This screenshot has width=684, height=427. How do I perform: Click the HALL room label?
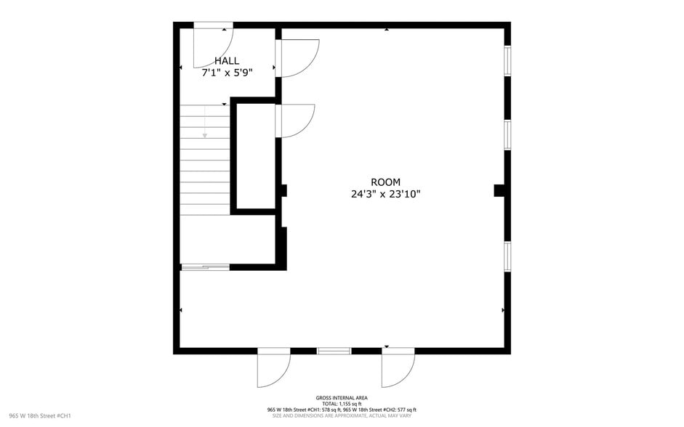tap(226, 61)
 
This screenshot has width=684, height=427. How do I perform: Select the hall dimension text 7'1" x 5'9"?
tap(226, 73)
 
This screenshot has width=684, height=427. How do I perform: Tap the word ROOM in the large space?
tap(385, 182)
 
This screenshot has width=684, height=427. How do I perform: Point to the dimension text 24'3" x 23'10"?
tap(385, 194)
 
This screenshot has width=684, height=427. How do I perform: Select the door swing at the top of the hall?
tap(213, 45)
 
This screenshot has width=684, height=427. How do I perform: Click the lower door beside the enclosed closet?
tap(296, 120)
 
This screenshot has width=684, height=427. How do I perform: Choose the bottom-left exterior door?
tap(274, 368)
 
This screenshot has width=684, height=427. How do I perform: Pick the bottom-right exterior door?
tap(398, 368)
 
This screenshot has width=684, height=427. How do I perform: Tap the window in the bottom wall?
tap(334, 351)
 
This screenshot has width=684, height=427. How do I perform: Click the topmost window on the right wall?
tap(507, 61)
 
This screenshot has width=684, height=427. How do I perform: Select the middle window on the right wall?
tap(507, 134)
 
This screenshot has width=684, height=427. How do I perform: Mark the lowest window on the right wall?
tap(507, 256)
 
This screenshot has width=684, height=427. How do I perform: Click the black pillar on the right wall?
tap(500, 190)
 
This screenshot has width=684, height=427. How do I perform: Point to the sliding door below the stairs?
tap(205, 267)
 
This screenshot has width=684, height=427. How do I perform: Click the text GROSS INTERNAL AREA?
tap(342, 397)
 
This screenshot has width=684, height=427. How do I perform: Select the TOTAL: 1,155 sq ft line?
tap(342, 403)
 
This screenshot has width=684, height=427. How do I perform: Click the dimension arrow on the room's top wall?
tap(387, 30)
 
